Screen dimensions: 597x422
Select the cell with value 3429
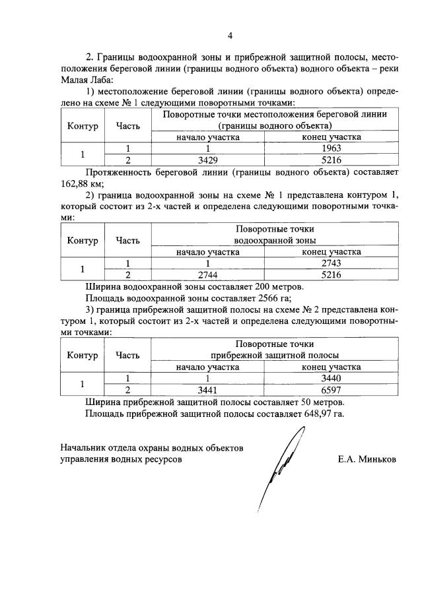click(x=208, y=160)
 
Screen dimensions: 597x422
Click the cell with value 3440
click(x=332, y=379)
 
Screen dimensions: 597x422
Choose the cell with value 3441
click(x=208, y=390)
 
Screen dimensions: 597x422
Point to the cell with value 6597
click(x=332, y=390)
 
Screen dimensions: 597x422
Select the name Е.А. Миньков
click(x=366, y=459)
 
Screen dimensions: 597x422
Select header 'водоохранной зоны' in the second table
click(x=275, y=240)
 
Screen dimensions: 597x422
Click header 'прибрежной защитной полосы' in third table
click(x=275, y=356)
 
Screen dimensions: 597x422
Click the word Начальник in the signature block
click(x=85, y=447)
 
